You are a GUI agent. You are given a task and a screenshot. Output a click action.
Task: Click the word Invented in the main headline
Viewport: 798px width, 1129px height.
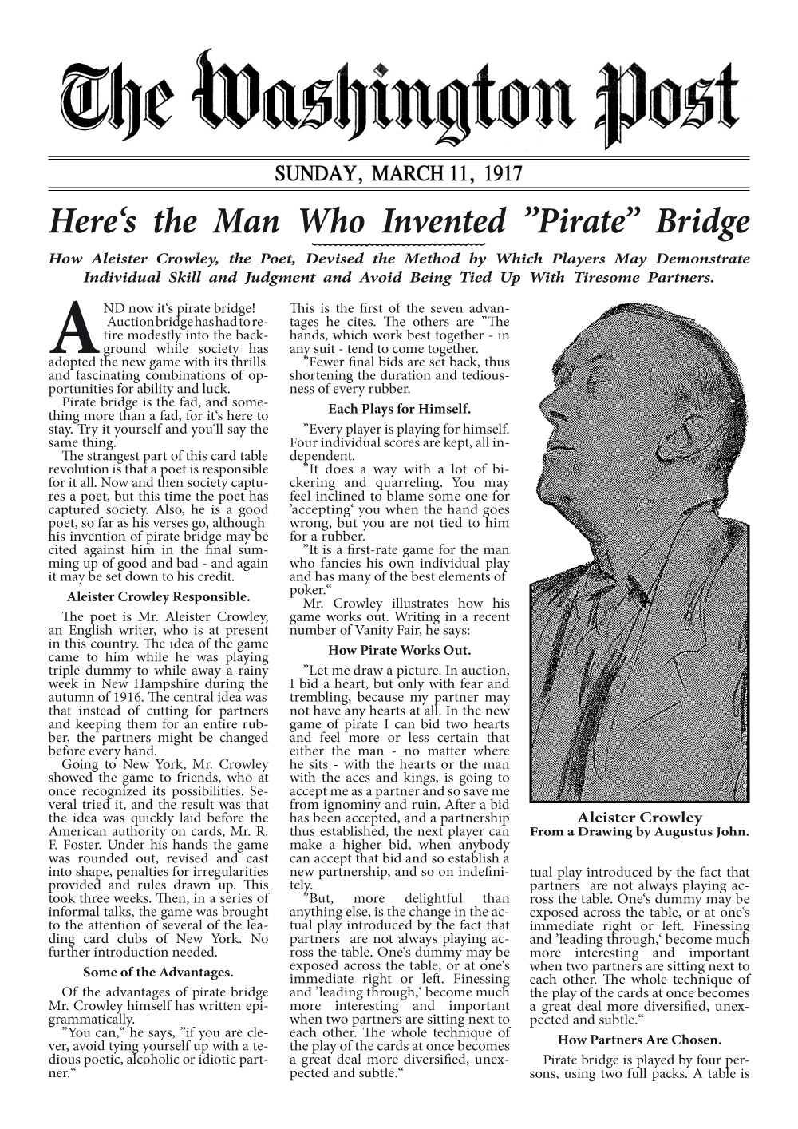[x=444, y=221]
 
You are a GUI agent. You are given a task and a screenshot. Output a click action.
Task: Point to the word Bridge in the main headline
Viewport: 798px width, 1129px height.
[x=702, y=221]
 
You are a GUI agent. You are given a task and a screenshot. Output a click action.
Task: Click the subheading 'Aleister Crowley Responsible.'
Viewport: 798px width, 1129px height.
[x=158, y=596]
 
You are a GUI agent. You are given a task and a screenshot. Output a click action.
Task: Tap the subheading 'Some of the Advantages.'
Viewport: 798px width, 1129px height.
[x=158, y=972]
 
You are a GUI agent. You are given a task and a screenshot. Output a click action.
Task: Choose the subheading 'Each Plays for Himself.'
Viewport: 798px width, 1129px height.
[x=399, y=409]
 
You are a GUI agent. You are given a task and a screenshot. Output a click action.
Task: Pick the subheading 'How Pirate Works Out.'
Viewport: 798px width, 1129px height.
[x=399, y=650]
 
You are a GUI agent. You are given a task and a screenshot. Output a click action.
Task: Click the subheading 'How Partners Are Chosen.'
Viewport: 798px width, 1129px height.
[x=639, y=1040]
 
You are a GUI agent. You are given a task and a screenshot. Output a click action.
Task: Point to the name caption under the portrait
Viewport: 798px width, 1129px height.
[x=639, y=817]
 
